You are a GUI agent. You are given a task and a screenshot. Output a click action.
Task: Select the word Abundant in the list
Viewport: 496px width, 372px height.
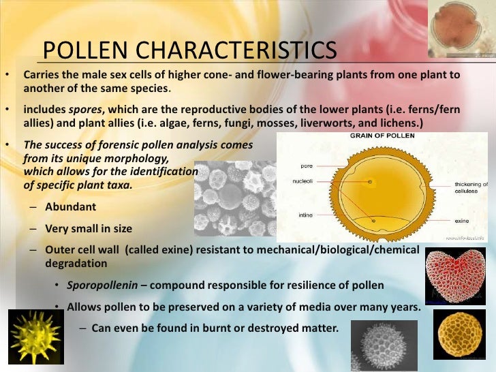(x=71, y=207)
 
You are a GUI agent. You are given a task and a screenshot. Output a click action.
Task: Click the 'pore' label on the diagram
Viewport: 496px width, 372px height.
(x=306, y=165)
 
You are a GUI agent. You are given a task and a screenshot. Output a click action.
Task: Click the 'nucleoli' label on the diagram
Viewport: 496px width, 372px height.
(x=303, y=182)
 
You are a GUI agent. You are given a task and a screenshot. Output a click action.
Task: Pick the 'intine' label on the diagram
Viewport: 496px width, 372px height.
(x=305, y=215)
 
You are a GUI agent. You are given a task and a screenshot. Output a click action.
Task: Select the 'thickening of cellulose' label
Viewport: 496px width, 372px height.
(x=471, y=188)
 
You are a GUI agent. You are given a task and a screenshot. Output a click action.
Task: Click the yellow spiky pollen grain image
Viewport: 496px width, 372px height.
(x=35, y=337)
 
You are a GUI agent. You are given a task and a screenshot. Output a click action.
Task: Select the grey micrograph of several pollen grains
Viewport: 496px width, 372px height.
(x=235, y=198)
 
